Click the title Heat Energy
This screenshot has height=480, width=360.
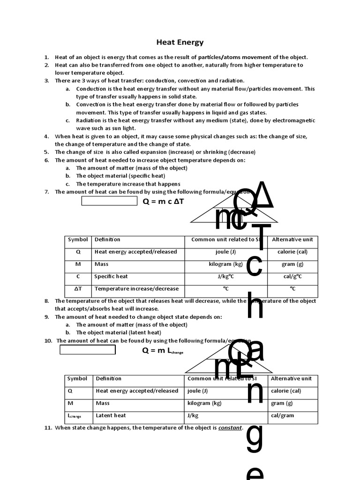(x=180, y=43)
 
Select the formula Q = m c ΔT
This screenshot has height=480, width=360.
(x=163, y=201)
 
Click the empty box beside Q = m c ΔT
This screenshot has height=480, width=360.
(x=110, y=201)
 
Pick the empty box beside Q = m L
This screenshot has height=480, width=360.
(x=88, y=350)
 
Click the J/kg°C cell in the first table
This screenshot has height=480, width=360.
(x=225, y=277)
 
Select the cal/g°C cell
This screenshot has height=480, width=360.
(x=292, y=277)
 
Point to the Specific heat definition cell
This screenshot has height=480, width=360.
(x=111, y=277)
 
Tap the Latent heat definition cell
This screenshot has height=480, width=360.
(x=111, y=415)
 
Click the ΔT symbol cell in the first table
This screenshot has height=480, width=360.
(x=78, y=289)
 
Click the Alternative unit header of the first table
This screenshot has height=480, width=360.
(x=292, y=240)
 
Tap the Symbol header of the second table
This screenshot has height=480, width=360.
(x=77, y=379)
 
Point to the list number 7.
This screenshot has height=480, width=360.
(x=46, y=192)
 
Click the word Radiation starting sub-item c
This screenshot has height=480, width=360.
(x=89, y=120)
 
